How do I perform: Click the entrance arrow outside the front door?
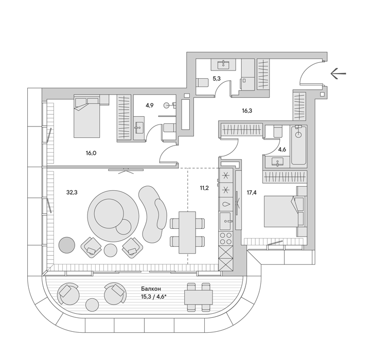(338, 74)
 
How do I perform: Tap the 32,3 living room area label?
(72, 192)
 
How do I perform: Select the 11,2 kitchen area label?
(204, 188)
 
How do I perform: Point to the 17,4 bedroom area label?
(252, 192)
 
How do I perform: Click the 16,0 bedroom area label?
(91, 153)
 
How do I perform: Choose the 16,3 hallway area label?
(247, 111)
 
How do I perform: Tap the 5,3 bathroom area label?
(217, 79)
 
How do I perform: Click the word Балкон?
(151, 289)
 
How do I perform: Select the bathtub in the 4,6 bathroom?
(298, 145)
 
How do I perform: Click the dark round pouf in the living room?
(67, 245)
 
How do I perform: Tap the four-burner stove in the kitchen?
(226, 238)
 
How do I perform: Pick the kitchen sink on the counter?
(225, 221)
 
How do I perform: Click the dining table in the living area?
(187, 232)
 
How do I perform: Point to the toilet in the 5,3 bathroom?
(202, 83)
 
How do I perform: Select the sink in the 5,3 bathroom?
(223, 64)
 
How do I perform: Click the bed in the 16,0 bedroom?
(86, 116)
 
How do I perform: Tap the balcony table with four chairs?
(199, 297)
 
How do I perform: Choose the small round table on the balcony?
(92, 305)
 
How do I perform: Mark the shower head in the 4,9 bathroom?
(167, 105)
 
